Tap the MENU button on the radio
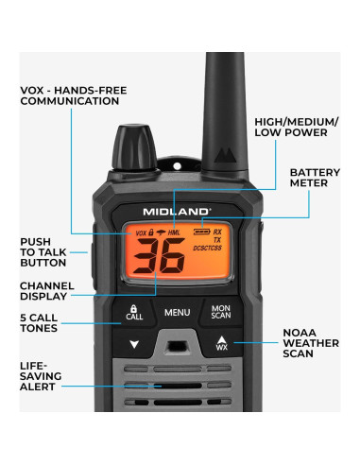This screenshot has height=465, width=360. [177, 311]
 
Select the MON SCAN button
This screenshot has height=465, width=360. [220, 311]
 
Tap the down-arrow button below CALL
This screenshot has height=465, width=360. [133, 344]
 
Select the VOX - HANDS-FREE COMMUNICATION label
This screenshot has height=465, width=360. [74, 95]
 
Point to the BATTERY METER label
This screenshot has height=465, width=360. [308, 178]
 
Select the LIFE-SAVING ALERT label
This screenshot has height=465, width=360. [44, 375]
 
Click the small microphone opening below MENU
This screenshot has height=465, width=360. [177, 344]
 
